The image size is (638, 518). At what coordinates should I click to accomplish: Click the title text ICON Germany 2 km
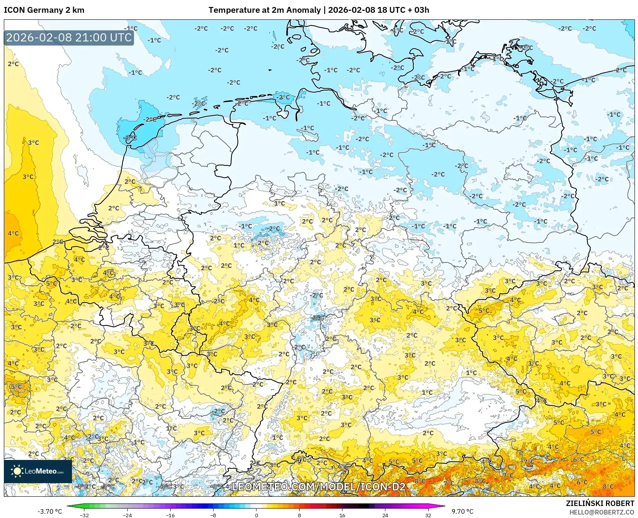(44, 10)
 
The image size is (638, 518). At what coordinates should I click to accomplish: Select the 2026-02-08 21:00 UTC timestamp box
(69, 38)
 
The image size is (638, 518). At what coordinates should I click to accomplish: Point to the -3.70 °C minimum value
(50, 511)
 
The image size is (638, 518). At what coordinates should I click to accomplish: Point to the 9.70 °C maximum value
(462, 511)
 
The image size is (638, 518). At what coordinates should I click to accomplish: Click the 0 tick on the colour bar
(256, 515)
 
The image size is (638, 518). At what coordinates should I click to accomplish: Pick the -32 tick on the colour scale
(84, 515)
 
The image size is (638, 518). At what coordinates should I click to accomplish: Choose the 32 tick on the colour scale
(428, 515)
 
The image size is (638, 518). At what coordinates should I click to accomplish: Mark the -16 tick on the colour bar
(170, 515)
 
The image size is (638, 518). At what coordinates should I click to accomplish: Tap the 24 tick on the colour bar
(385, 515)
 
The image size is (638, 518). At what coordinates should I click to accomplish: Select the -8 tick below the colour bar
(213, 515)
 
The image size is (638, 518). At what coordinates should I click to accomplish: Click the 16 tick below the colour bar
(342, 515)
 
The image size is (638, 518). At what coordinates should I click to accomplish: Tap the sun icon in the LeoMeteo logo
(17, 471)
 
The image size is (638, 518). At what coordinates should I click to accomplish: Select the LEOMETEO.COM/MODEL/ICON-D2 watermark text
(318, 487)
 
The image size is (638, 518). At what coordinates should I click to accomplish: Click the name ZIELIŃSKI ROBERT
(600, 503)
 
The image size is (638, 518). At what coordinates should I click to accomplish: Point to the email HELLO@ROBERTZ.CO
(602, 512)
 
